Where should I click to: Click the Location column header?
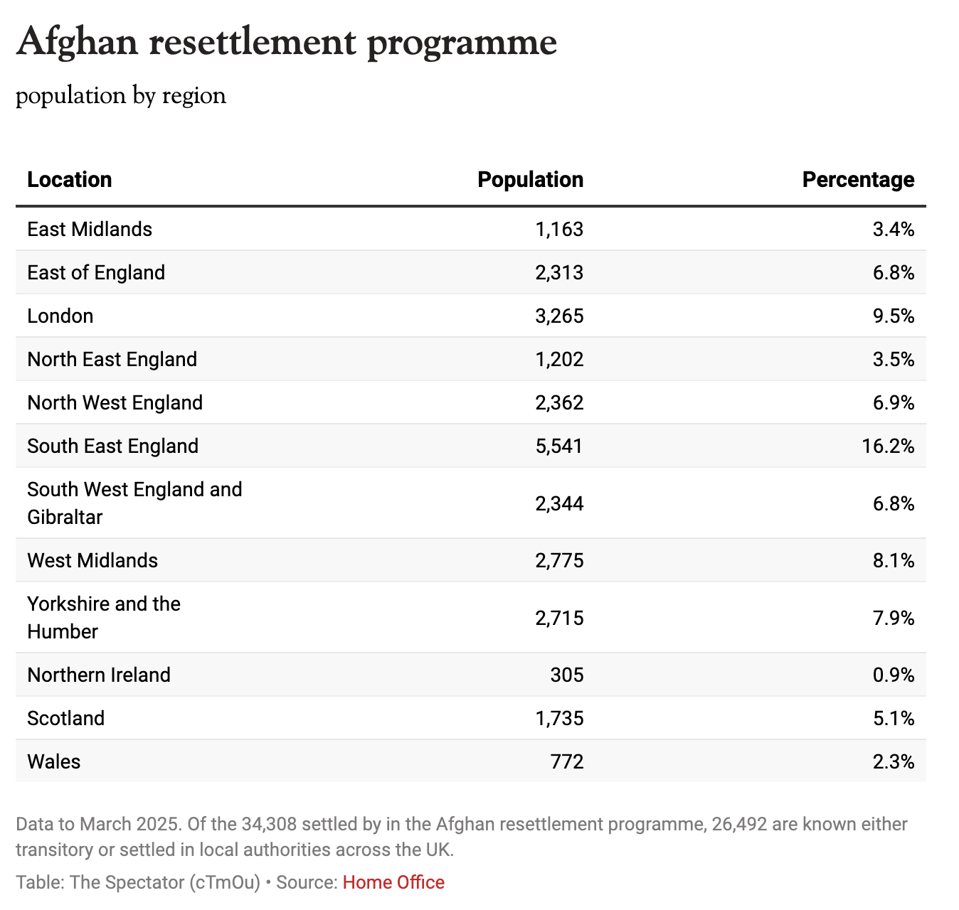(x=70, y=180)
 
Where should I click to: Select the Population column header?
(x=530, y=180)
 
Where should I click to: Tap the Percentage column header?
(x=858, y=180)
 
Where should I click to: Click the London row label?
(x=60, y=316)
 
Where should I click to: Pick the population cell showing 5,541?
(x=559, y=446)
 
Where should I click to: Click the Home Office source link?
(x=393, y=882)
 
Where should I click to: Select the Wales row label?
(x=54, y=761)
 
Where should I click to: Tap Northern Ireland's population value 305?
(x=567, y=675)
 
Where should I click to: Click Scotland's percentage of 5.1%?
(x=894, y=718)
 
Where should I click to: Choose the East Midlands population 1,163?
(x=559, y=229)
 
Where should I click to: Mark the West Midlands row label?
(x=92, y=560)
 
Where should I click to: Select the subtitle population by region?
(x=121, y=96)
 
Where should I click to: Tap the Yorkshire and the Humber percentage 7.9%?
(x=894, y=618)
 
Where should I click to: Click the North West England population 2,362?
(x=559, y=402)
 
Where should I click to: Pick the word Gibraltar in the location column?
(x=65, y=517)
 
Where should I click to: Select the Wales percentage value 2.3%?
(x=894, y=761)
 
